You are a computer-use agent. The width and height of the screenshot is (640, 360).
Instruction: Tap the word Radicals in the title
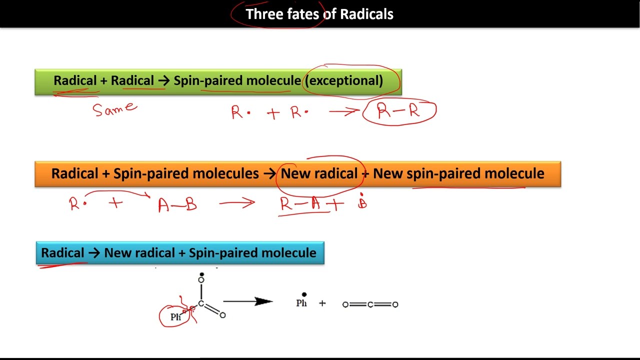point(366,14)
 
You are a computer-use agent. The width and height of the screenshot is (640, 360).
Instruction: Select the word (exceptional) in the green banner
point(344,81)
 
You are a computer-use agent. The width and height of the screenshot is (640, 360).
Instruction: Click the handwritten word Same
point(114,108)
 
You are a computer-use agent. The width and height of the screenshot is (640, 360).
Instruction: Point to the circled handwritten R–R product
point(399,111)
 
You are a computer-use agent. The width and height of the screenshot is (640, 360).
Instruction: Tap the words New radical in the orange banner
point(319,174)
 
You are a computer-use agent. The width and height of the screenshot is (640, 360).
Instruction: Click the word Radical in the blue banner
point(62,253)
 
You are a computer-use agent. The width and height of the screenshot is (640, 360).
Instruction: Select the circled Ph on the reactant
point(175,317)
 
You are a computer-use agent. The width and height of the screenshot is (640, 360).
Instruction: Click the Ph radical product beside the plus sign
point(301,302)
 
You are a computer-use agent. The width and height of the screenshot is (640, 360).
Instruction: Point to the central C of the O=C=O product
point(370,304)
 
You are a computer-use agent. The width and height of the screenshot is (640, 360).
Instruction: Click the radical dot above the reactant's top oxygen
point(201,274)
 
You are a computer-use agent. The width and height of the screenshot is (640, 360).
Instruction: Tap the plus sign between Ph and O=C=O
point(322,303)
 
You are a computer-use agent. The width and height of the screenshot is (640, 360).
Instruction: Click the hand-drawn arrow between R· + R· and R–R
point(343,112)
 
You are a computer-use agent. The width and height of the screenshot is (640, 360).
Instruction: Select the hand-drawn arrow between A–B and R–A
point(236,203)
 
